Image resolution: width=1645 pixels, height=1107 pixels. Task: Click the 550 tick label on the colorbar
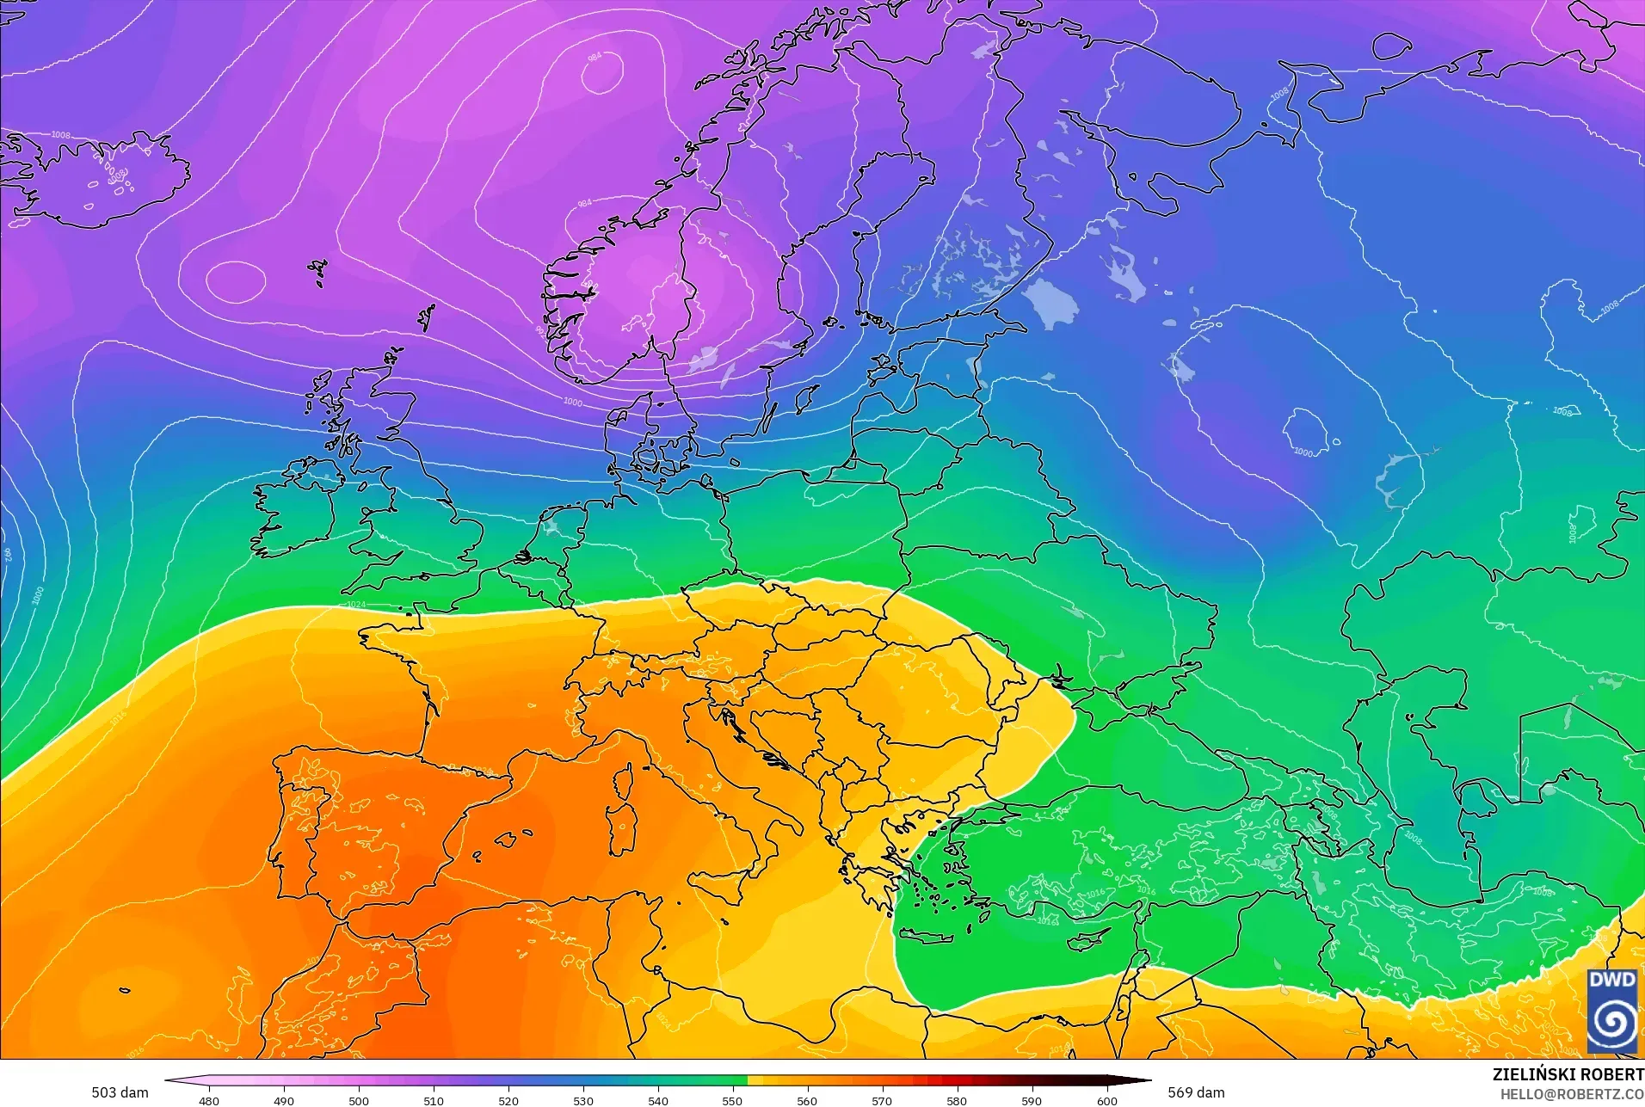pyautogui.click(x=732, y=1100)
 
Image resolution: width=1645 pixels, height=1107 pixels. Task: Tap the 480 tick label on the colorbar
pyautogui.click(x=209, y=1100)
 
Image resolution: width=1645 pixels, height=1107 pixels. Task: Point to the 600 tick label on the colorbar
pyautogui.click(x=1106, y=1100)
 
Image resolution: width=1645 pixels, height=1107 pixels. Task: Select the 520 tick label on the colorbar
pyautogui.click(x=508, y=1100)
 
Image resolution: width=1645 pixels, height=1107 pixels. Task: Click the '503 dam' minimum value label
pyautogui.click(x=120, y=1092)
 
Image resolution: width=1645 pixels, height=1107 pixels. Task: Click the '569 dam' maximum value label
pyautogui.click(x=1196, y=1092)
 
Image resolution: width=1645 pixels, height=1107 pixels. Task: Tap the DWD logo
pyautogui.click(x=1611, y=1011)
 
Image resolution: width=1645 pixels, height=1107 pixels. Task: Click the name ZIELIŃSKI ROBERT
pyautogui.click(x=1568, y=1074)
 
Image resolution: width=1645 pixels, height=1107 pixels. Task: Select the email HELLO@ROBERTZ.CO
pyautogui.click(x=1572, y=1094)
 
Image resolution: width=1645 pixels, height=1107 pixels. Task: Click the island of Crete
pyautogui.click(x=925, y=937)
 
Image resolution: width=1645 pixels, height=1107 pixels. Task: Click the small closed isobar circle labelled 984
pyautogui.click(x=601, y=75)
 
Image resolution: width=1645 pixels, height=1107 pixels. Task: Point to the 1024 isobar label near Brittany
pyautogui.click(x=355, y=605)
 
